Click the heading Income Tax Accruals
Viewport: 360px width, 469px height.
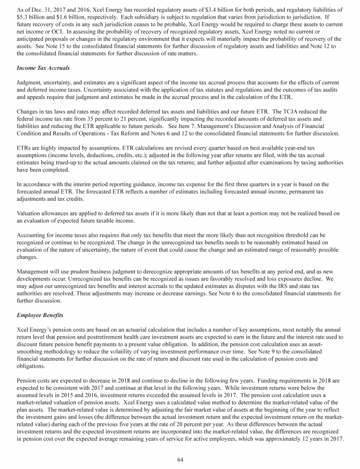pyautogui.click(x=43, y=68)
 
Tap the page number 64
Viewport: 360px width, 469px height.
pyautogui.click(x=180, y=459)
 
